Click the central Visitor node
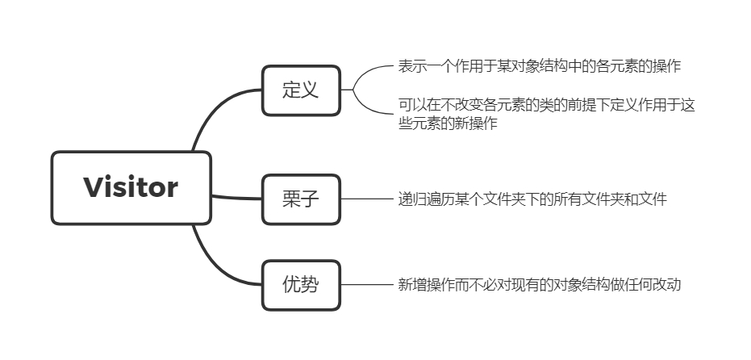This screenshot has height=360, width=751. (x=131, y=187)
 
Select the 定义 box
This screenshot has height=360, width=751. (x=301, y=90)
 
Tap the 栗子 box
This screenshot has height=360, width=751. (x=301, y=199)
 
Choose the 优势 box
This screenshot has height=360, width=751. (x=301, y=284)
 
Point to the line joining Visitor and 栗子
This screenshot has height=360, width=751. (x=236, y=197)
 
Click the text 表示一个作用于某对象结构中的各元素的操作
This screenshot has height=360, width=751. (x=539, y=66)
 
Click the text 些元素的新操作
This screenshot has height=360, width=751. (x=447, y=123)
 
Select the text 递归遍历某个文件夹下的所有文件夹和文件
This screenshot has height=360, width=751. (x=532, y=199)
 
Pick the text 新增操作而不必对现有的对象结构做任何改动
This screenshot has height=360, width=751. (x=539, y=284)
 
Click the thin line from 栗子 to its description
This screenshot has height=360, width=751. (x=367, y=199)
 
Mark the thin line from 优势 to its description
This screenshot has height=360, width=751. (x=367, y=284)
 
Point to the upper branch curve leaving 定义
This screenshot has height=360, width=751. (x=367, y=72)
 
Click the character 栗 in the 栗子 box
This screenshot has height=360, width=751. (x=291, y=199)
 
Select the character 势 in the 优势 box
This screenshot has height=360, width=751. (x=311, y=284)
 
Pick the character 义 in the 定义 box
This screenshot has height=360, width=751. (x=311, y=90)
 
